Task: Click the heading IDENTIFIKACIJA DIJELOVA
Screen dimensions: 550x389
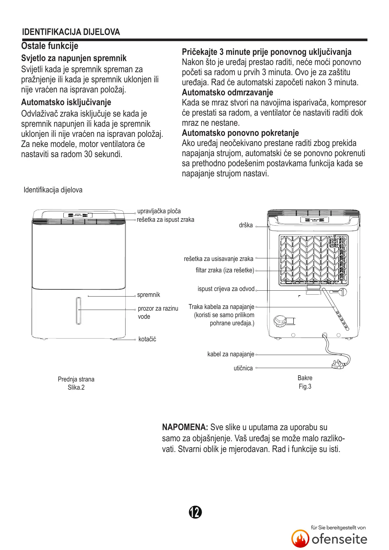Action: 71,32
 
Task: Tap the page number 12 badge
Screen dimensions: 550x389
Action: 195,512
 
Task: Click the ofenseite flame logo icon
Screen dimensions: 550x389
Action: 300,539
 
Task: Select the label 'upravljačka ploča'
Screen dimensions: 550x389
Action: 159,211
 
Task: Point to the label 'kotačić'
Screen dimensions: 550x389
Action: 147,339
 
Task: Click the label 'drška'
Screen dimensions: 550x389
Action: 246,225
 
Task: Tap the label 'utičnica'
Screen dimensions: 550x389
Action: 243,368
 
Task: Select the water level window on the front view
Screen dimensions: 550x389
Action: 78,311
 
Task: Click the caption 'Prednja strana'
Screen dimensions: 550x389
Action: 76,380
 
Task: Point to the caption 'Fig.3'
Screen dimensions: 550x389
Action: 305,387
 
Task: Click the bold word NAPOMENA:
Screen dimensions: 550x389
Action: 185,428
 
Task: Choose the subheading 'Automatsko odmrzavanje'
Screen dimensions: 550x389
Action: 227,93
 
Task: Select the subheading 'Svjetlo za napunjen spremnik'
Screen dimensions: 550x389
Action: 74,58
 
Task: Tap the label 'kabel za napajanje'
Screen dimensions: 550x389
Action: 231,354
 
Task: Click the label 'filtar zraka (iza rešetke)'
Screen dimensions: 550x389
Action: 225,270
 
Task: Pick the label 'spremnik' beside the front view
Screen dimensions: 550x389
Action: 149,295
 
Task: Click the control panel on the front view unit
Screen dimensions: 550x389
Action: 78,215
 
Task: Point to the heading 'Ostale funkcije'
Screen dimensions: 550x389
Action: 50,46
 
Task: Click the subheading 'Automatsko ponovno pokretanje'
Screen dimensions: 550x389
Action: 240,133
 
